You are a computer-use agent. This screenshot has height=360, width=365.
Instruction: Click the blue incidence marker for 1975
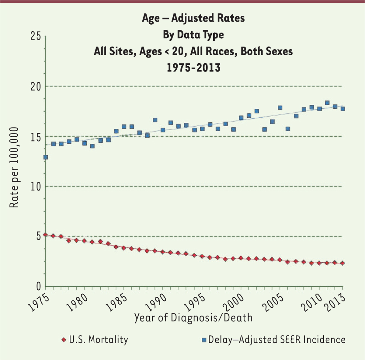coord(46,157)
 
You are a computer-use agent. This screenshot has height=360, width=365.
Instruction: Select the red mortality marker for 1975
coord(46,235)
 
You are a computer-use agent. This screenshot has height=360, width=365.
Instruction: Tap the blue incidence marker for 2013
coord(343,109)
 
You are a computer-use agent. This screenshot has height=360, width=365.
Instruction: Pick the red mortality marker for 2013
coord(343,263)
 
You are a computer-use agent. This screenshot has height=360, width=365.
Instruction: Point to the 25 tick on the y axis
coord(35,37)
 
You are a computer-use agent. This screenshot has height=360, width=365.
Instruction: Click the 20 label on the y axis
coord(35,87)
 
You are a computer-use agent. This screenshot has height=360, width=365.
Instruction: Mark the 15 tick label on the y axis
coord(35,137)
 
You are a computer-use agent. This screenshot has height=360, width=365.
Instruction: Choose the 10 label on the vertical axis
coord(35,187)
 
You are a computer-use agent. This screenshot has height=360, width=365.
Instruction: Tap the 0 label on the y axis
coord(38,287)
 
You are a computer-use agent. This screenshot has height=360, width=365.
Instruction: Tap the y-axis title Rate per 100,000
coord(14,167)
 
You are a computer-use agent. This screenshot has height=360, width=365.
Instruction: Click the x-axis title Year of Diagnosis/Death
coord(193,318)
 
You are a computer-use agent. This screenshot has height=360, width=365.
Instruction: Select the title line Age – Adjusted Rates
coord(193,18)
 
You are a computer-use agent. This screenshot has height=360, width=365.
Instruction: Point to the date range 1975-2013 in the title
coord(193,67)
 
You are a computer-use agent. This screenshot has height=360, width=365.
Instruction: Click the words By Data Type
coord(193,35)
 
